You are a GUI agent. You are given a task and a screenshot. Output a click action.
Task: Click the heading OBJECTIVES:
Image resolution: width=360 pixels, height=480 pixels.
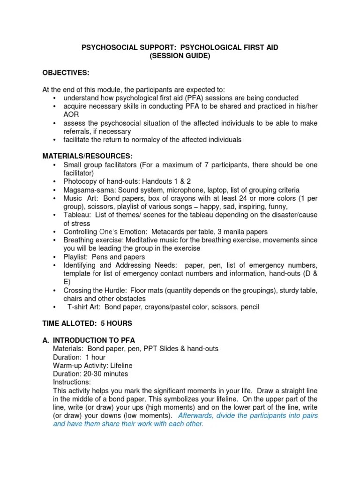[x=66, y=74]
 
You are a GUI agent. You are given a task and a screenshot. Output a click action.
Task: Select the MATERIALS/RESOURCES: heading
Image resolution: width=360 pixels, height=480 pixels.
[x=88, y=156]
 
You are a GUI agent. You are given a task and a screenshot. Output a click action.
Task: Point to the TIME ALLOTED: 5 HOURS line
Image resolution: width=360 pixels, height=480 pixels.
[x=87, y=323]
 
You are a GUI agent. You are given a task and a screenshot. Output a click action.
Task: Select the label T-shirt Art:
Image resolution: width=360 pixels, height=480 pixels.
[x=84, y=307]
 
